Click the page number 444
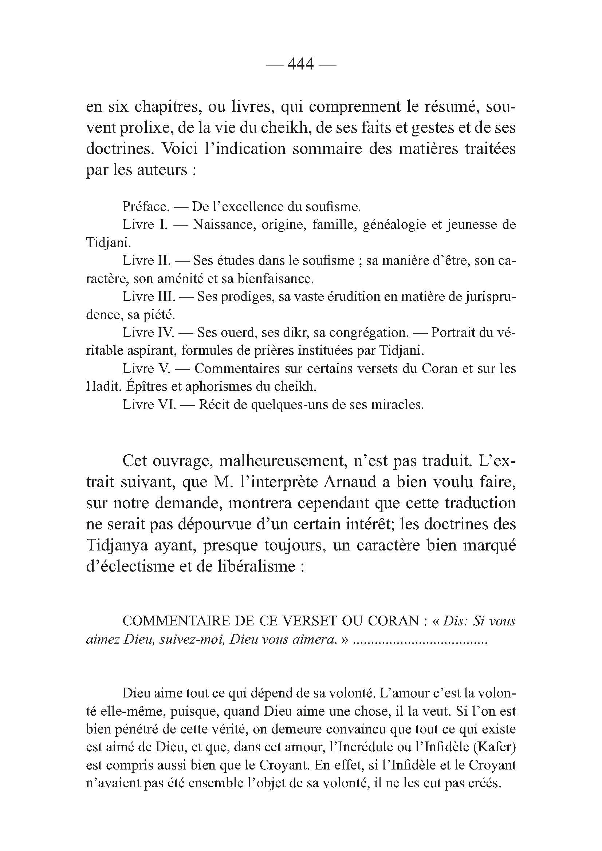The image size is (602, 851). coord(300,64)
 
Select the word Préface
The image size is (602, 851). coord(146,207)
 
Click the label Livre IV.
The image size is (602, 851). coord(148,333)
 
